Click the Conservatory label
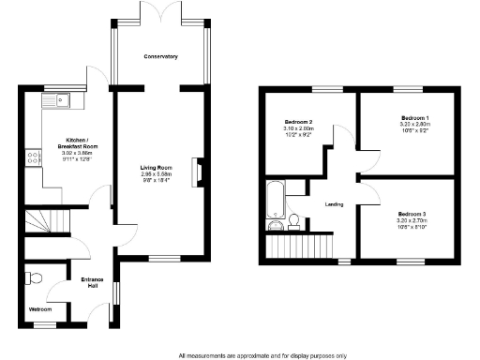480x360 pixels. (160, 58)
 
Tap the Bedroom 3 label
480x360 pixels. (412, 213)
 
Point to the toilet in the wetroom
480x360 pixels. (35, 277)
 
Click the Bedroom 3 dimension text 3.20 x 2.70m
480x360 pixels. (412, 220)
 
